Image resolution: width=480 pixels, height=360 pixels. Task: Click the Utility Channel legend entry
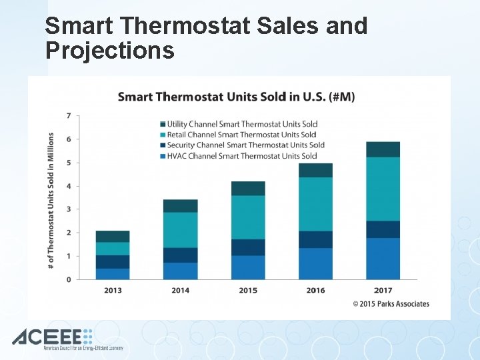[242, 124]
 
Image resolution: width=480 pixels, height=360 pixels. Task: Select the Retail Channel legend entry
[241, 135]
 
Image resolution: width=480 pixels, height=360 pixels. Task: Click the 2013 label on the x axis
[113, 290]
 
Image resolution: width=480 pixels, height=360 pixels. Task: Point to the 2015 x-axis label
[248, 290]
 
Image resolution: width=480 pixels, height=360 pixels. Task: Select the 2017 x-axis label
[383, 290]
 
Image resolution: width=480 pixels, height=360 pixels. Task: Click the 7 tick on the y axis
[69, 116]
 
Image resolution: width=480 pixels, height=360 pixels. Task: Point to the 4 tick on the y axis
[69, 186]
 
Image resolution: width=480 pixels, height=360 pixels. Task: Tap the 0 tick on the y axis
[69, 279]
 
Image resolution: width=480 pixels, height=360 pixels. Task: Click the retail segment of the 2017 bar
[383, 189]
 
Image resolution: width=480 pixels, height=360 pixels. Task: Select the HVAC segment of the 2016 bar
[315, 263]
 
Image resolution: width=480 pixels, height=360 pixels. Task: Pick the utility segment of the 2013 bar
[113, 237]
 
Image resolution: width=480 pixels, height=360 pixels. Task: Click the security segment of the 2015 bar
[248, 247]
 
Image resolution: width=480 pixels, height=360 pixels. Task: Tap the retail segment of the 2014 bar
[181, 230]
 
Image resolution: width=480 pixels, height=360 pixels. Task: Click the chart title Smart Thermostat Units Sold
[236, 97]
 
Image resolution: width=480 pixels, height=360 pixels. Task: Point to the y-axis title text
[51, 201]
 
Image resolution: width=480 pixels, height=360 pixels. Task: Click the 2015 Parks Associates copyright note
[391, 304]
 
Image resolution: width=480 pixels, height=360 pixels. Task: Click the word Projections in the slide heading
[110, 50]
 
